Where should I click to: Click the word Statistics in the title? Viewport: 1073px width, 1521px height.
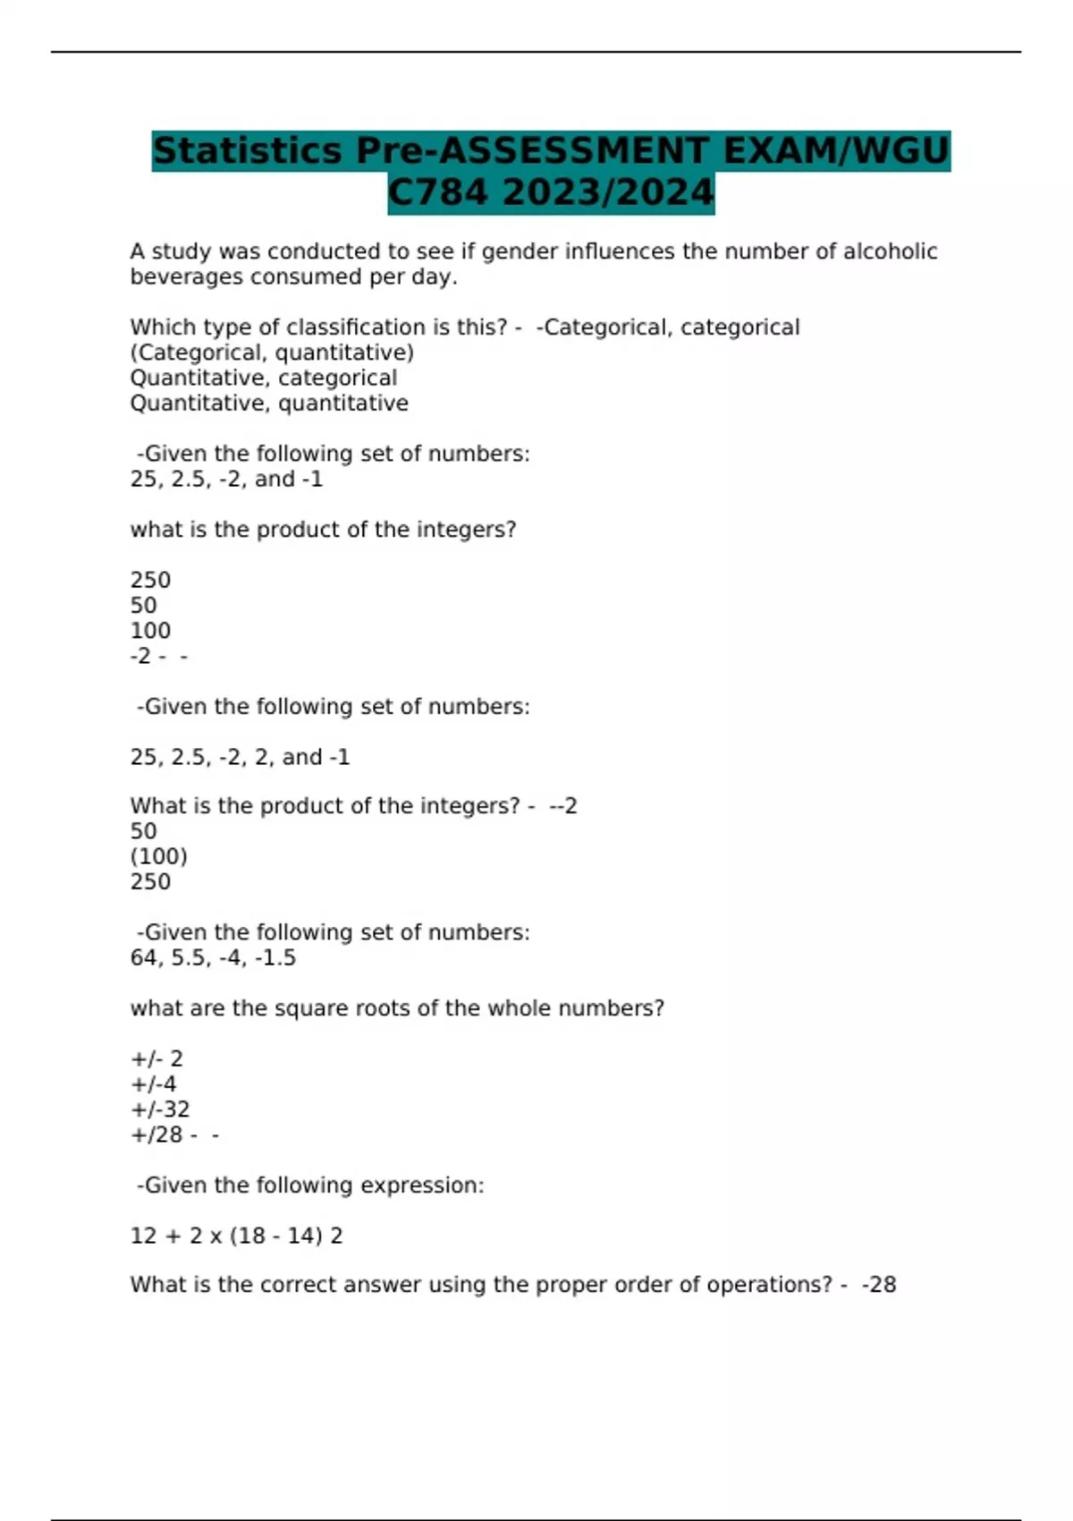pos(248,150)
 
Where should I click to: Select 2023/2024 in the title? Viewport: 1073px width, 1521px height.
pos(608,192)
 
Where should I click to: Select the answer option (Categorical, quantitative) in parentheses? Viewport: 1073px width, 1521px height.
pos(272,353)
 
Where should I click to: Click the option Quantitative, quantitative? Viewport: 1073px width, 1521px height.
pos(269,404)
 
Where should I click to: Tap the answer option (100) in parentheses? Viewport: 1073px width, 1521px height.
pos(159,856)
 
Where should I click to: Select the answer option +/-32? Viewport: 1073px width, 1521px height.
pos(160,1109)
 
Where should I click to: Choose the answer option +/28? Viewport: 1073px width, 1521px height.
pos(156,1134)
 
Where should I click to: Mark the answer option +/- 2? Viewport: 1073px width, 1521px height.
pos(156,1058)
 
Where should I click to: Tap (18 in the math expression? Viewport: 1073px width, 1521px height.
pos(247,1236)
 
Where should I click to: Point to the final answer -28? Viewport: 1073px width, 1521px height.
pos(879,1285)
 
